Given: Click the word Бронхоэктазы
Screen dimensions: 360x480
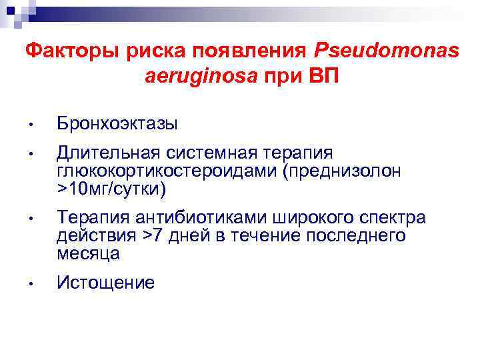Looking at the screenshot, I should coord(117,123).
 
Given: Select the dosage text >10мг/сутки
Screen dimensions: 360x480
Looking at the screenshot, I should coord(111,189).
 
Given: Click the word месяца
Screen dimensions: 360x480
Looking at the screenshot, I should coord(89,253).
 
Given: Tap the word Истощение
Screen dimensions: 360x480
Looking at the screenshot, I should coord(106,283).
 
